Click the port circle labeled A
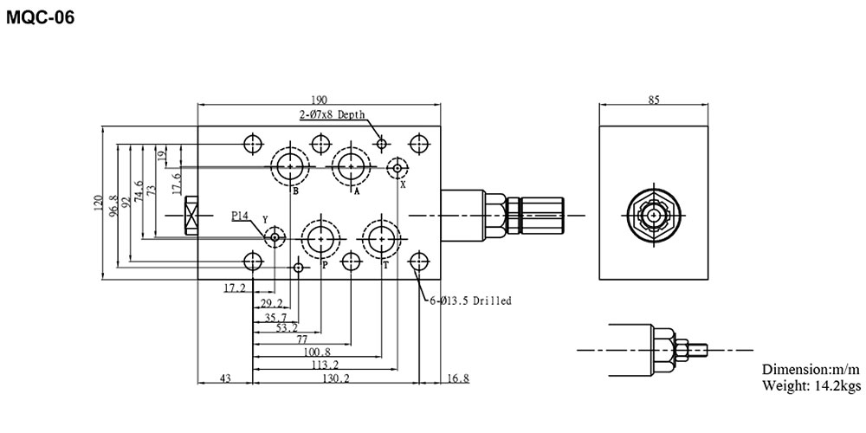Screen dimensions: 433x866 pos(352,164)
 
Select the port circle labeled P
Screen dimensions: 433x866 pos(320,237)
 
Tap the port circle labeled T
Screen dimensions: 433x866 pos(381,237)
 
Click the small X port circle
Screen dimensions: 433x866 pos(398,166)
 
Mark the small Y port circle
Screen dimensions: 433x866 pos(275,236)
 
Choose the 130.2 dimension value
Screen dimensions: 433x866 pos(334,378)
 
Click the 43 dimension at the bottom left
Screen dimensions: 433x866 pos(225,378)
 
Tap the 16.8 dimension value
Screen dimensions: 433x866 pos(457,378)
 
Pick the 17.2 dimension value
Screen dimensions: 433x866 pos(235,287)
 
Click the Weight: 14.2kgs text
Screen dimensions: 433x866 pos(811,385)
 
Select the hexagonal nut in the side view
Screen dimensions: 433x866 pos(654,212)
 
